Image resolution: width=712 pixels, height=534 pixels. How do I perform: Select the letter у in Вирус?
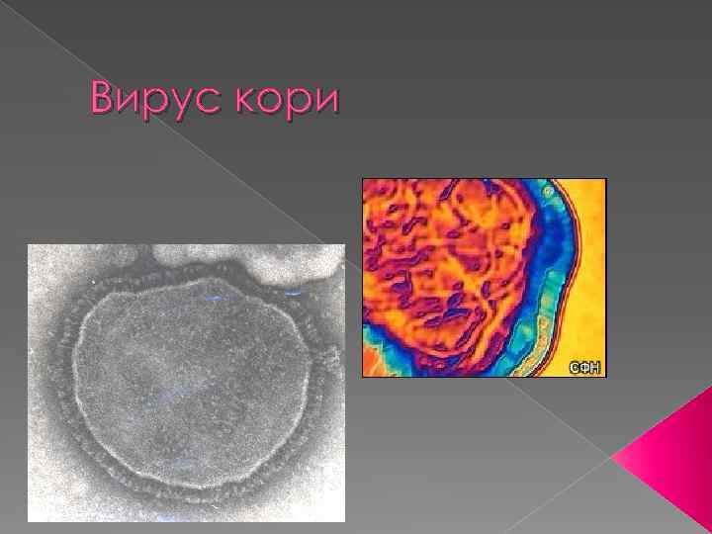[174, 104]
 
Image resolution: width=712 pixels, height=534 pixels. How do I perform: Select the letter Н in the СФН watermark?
[595, 367]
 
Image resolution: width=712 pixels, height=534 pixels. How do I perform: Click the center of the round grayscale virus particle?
[193, 381]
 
